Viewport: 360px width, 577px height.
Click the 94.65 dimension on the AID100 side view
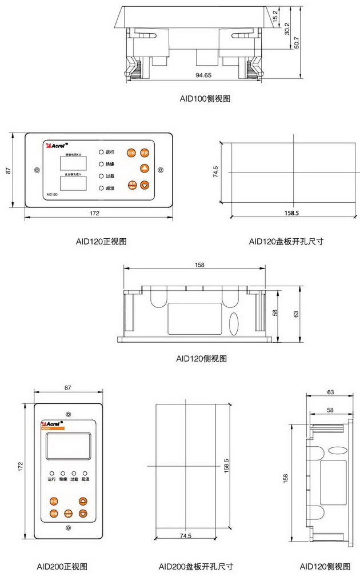(x=203, y=75)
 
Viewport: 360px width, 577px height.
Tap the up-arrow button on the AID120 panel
(x=145, y=168)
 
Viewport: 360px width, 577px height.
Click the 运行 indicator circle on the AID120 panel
(x=101, y=153)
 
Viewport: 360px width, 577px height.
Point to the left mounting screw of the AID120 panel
(x=37, y=170)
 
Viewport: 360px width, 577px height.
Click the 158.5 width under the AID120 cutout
(x=291, y=213)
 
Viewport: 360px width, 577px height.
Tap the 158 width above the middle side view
(x=200, y=265)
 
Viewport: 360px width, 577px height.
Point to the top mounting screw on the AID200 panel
(x=68, y=414)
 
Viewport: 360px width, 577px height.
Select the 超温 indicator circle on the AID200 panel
(x=85, y=474)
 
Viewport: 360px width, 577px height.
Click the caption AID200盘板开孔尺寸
(x=196, y=567)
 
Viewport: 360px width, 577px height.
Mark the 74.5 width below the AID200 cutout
(x=185, y=536)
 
